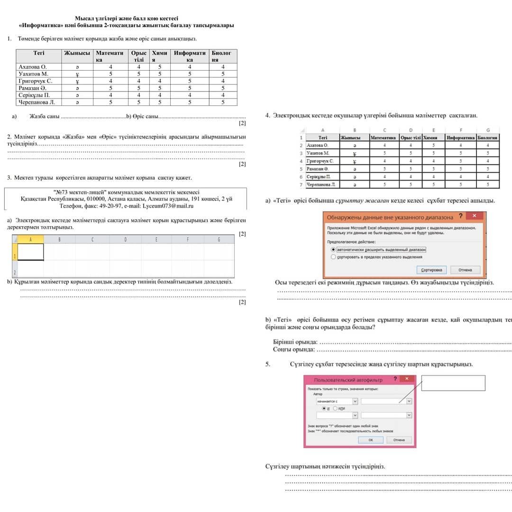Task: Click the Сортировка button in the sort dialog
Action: pos(431,270)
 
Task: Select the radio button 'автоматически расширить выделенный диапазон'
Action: pos(333,249)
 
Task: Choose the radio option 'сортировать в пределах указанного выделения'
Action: pos(333,257)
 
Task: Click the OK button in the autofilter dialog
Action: pos(370,440)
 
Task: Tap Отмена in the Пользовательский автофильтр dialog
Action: pos(399,440)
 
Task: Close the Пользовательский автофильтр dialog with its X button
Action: pos(407,379)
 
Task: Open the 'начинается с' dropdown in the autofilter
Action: pos(356,401)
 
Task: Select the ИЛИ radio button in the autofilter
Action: pos(335,408)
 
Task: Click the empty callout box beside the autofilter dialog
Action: pos(453,383)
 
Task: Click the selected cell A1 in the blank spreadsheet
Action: pos(30,252)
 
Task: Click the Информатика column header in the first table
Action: pos(190,56)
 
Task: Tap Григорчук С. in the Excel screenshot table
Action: pos(320,161)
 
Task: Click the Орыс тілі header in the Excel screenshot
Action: pos(411,137)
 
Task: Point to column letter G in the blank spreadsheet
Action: pos(219,239)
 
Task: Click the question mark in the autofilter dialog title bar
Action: pos(395,379)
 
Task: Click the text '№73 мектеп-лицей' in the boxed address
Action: pos(79,192)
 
